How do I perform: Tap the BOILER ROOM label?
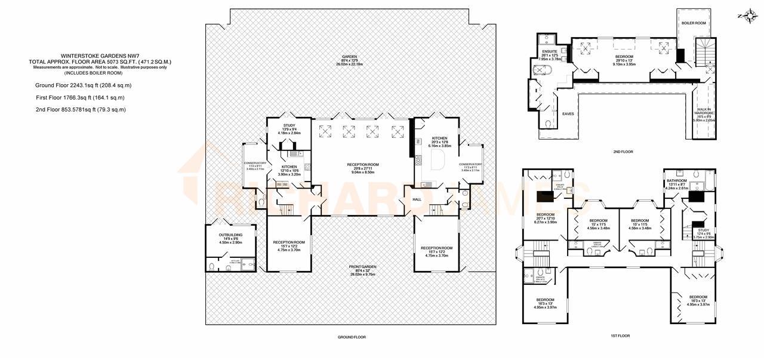(694, 23)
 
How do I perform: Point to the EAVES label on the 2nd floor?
(568, 113)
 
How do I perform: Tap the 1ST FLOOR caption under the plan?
(620, 336)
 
